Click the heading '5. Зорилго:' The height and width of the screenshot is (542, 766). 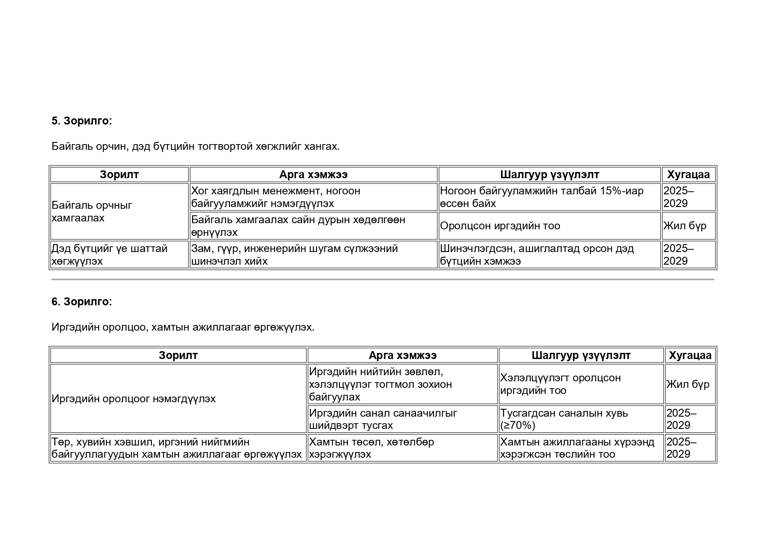(x=82, y=121)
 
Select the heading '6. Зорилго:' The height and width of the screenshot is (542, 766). (x=82, y=302)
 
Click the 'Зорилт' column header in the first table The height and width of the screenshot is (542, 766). (x=119, y=175)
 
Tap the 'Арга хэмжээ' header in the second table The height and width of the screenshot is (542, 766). (x=402, y=356)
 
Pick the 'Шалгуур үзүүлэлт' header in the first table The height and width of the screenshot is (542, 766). (x=550, y=175)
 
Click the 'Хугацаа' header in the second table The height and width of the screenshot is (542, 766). (x=690, y=356)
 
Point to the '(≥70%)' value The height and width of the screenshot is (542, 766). (x=518, y=425)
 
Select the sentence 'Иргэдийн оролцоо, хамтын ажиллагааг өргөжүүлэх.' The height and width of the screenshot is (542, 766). (x=183, y=327)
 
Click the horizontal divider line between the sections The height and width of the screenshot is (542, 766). (x=383, y=279)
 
